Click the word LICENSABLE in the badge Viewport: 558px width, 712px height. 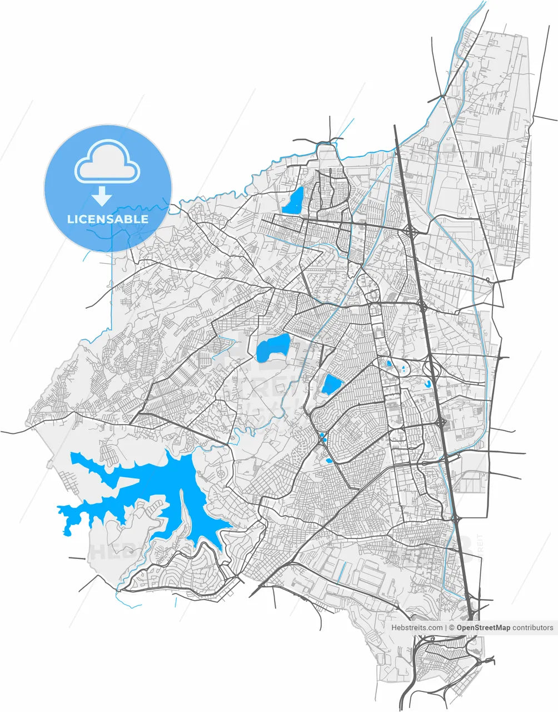[x=108, y=219]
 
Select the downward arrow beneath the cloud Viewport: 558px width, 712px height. [x=101, y=196]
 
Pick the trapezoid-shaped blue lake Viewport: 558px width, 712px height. [x=332, y=383]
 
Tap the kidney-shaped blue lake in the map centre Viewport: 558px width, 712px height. [x=273, y=347]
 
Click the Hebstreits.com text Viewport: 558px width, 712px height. [x=417, y=627]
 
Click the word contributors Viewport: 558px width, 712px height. [x=533, y=627]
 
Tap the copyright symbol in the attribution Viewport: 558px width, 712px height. [x=452, y=627]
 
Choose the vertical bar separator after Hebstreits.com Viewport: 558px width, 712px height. [x=446, y=627]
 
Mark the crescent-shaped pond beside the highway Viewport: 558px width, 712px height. [x=427, y=384]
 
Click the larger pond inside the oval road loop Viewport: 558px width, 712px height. [x=389, y=364]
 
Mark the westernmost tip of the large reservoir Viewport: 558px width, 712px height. [x=58, y=507]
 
